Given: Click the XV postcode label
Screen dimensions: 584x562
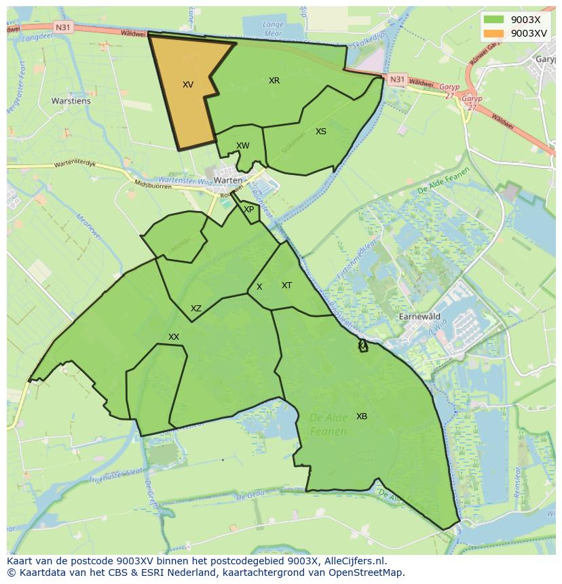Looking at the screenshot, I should (188, 85).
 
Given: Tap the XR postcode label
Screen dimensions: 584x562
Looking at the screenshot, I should (274, 81).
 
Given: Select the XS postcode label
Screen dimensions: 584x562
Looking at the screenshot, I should (321, 132).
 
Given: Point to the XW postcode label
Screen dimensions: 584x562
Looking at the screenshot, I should (243, 146).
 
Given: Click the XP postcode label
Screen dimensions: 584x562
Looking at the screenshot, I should (249, 210).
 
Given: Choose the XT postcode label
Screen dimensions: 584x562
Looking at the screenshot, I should (287, 286).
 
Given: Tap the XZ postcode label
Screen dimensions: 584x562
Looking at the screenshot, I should (196, 309).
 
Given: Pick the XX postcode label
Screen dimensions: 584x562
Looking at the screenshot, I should (174, 337).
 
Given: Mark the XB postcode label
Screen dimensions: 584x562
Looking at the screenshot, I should (362, 416).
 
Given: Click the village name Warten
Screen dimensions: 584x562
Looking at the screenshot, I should (227, 180).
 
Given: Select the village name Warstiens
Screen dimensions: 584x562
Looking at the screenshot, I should (71, 101).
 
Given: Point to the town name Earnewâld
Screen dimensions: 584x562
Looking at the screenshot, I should (419, 317).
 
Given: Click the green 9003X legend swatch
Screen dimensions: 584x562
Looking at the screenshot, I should (493, 19).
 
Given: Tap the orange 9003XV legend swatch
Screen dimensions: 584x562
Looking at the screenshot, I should (493, 33).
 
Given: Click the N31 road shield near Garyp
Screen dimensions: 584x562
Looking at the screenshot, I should (397, 79).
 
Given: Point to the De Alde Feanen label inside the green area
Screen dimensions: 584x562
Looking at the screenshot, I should (329, 424).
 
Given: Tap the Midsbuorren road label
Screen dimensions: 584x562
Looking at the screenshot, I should (153, 184).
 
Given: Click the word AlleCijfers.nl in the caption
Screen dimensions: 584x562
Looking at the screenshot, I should (353, 561).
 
